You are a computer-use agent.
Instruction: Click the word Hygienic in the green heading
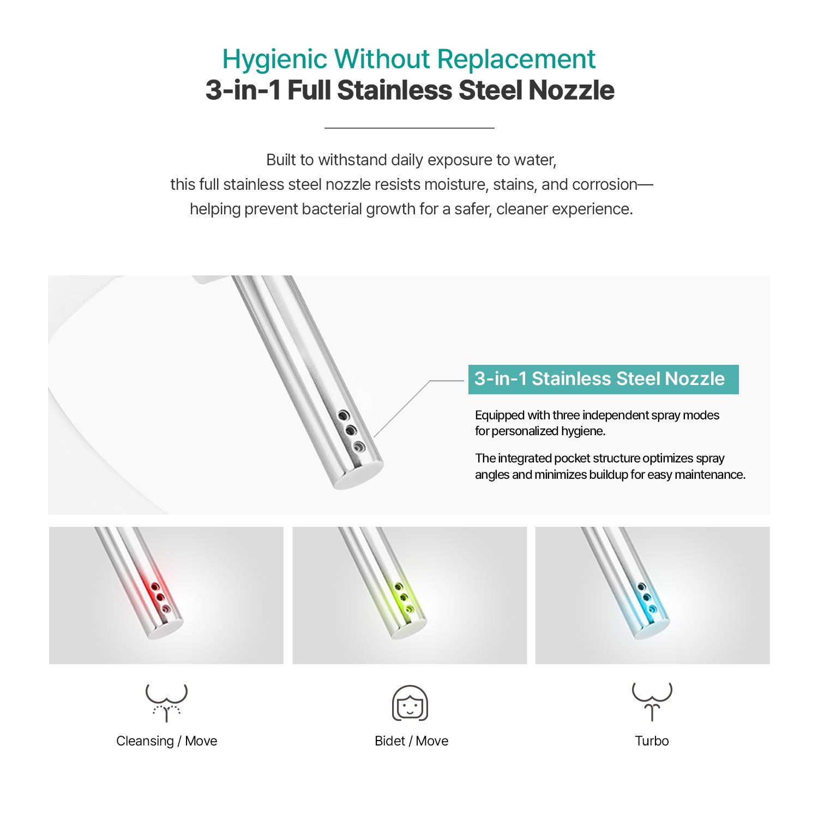(274, 60)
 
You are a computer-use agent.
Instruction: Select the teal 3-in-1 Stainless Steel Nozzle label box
(603, 379)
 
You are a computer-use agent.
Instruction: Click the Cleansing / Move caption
(166, 741)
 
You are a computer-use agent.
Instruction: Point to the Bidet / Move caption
(411, 741)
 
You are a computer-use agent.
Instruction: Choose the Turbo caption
(652, 741)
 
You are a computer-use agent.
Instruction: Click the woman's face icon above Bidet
(410, 703)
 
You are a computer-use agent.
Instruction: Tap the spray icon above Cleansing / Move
(166, 702)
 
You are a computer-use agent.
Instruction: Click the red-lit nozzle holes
(160, 597)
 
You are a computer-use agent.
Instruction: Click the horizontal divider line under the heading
(410, 128)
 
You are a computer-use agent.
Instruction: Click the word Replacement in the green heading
(516, 60)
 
